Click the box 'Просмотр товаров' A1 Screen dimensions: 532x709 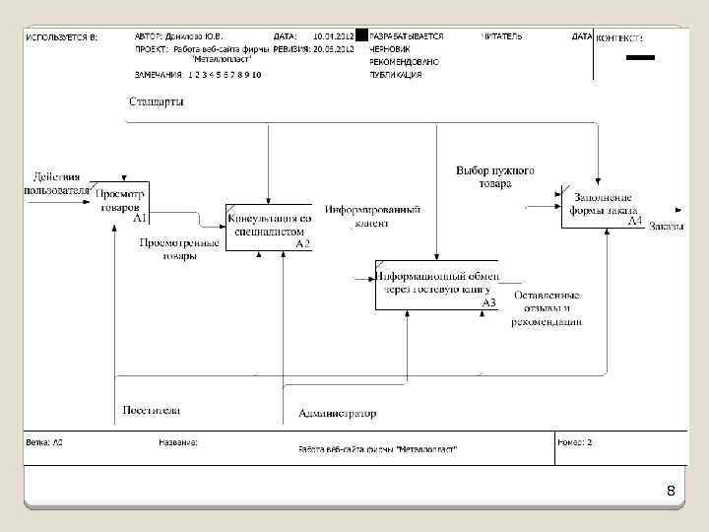pyautogui.click(x=119, y=201)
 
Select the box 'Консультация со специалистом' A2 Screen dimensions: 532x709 pyautogui.click(x=269, y=227)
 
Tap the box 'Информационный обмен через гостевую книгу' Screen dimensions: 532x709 pyautogui.click(x=437, y=285)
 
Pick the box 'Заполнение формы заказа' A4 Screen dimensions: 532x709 pyautogui.click(x=602, y=204)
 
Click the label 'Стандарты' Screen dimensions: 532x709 pyautogui.click(x=156, y=101)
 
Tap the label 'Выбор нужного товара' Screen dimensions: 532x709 pyautogui.click(x=495, y=177)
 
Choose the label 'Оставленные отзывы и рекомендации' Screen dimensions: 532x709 pyautogui.click(x=547, y=307)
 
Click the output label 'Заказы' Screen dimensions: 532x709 pyautogui.click(x=667, y=228)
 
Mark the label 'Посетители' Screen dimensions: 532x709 pyautogui.click(x=151, y=410)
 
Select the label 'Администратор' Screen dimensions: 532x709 pyautogui.click(x=337, y=414)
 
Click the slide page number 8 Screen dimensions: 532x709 pyautogui.click(x=670, y=491)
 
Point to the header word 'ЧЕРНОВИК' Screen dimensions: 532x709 pyautogui.click(x=390, y=48)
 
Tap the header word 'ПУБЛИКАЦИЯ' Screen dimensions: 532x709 pyautogui.click(x=396, y=74)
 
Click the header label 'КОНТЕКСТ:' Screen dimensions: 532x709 pyautogui.click(x=619, y=38)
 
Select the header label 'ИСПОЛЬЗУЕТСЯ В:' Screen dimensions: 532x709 pyautogui.click(x=62, y=36)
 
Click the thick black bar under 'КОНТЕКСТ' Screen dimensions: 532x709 pyautogui.click(x=640, y=59)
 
